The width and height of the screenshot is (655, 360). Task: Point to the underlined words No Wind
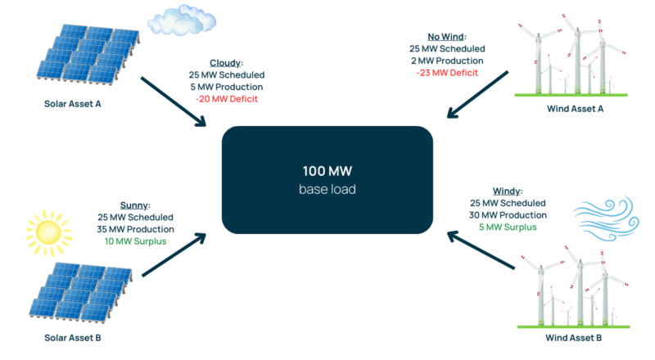(x=446, y=35)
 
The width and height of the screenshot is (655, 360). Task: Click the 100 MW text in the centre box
(x=327, y=173)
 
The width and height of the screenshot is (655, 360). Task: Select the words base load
(x=327, y=190)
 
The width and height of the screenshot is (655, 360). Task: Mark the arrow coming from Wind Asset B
(x=483, y=250)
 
